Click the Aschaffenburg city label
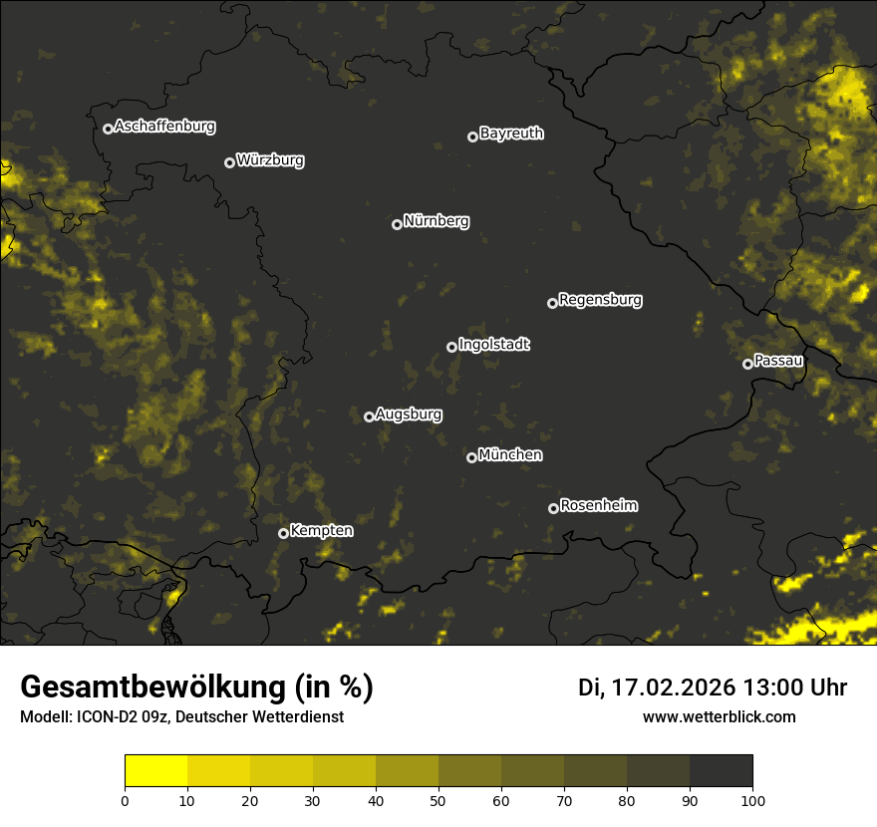click(164, 127)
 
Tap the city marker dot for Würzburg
click(229, 162)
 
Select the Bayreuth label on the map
click(511, 134)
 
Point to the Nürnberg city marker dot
click(397, 224)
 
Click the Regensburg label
click(600, 300)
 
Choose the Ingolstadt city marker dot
click(451, 347)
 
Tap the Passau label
click(778, 361)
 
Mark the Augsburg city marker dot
click(369, 416)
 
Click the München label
click(510, 455)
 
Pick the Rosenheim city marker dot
click(553, 508)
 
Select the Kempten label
click(321, 531)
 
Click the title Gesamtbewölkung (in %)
click(196, 688)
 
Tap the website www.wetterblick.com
click(719, 716)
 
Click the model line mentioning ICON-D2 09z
click(181, 717)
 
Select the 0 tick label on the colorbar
click(125, 800)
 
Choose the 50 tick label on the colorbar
click(438, 800)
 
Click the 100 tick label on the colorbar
click(752, 800)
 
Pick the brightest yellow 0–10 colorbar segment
click(155, 771)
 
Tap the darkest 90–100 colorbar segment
click(721, 771)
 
